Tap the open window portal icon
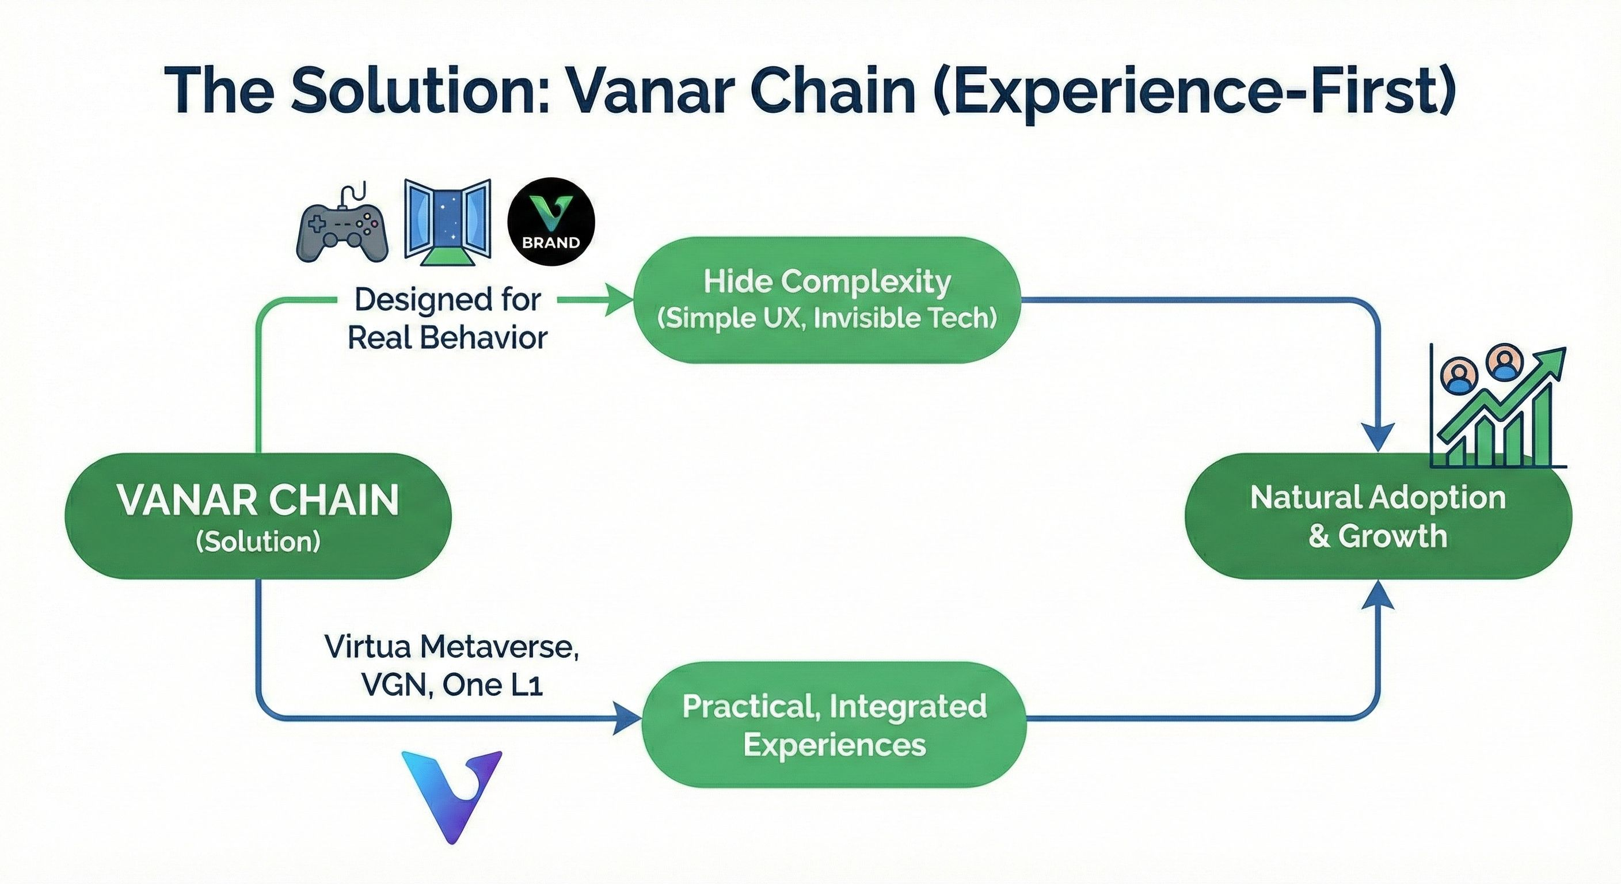pyautogui.click(x=447, y=221)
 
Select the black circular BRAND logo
pyautogui.click(x=551, y=221)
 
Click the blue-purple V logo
pyautogui.click(x=451, y=795)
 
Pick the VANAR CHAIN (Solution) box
pyautogui.click(x=258, y=515)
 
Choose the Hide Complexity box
pyautogui.click(x=826, y=299)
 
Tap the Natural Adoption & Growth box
pyautogui.click(x=1378, y=515)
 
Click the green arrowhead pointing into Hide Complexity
pyautogui.click(x=619, y=300)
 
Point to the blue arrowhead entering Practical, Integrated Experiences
pyautogui.click(x=627, y=718)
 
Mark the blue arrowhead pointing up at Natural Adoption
pyautogui.click(x=1378, y=595)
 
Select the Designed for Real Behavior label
pyautogui.click(x=447, y=318)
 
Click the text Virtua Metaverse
pyautogui.click(x=451, y=646)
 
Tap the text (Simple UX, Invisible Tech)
pyautogui.click(x=826, y=318)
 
